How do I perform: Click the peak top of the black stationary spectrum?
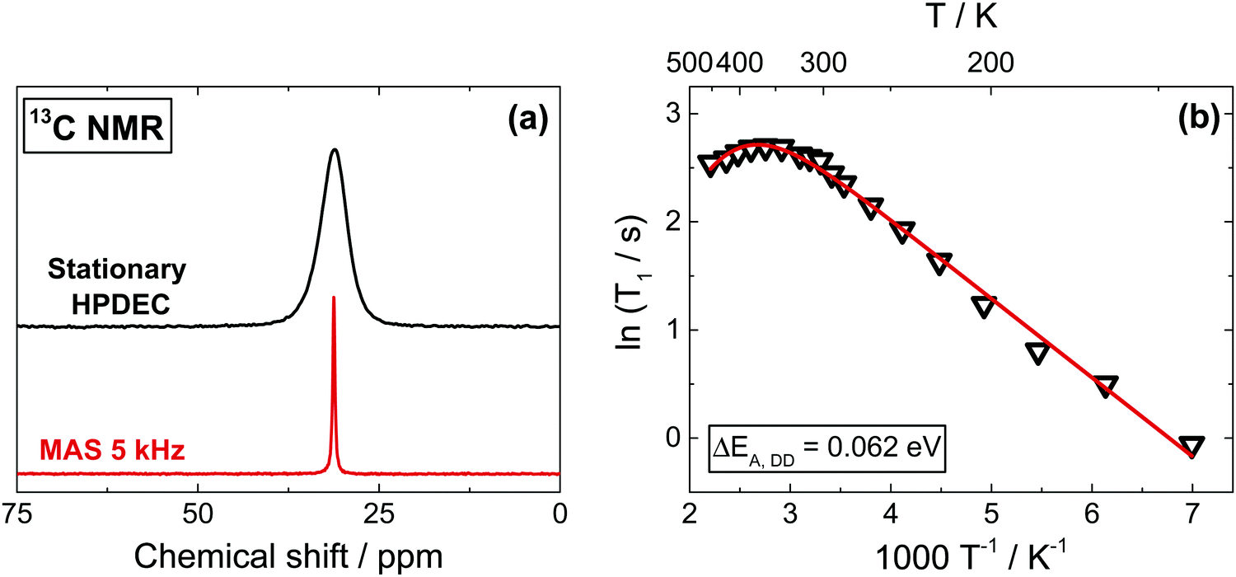pos(335,150)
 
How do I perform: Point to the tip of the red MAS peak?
pos(334,298)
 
